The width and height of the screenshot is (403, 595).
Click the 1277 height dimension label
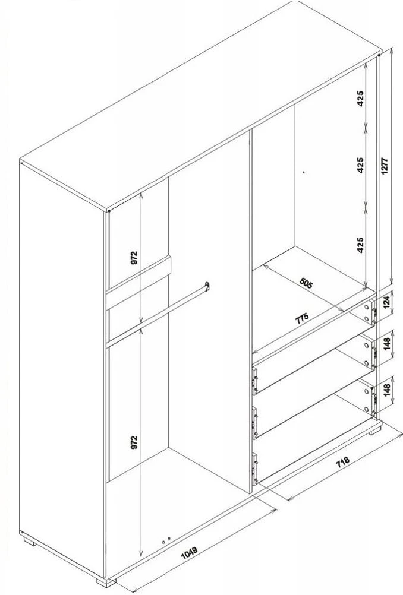[385, 166]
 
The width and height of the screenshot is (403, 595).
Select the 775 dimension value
[303, 317]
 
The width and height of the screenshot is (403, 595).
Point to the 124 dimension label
[386, 302]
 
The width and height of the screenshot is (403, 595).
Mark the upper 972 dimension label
[134, 258]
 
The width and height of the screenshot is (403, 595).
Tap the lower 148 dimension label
[387, 391]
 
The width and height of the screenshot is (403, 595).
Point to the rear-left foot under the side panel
[29, 540]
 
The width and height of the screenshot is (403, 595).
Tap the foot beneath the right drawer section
[375, 430]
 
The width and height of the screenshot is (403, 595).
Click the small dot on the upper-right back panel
[303, 172]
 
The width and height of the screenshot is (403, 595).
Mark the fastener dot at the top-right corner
[379, 55]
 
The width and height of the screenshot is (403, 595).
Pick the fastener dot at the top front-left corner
[109, 211]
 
